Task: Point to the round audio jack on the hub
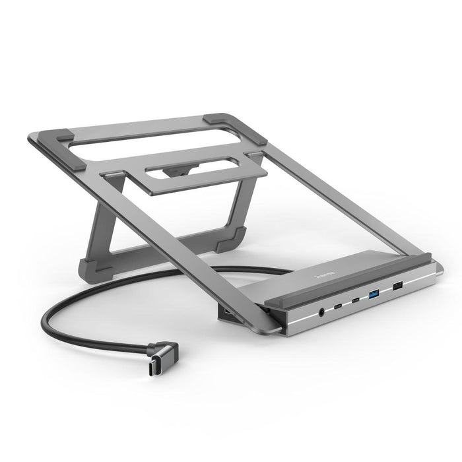(321, 312)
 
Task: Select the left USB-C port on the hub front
(339, 306)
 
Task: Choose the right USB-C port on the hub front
(356, 300)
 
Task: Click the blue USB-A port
(375, 294)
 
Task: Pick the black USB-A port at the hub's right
(397, 286)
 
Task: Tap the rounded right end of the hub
(437, 271)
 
